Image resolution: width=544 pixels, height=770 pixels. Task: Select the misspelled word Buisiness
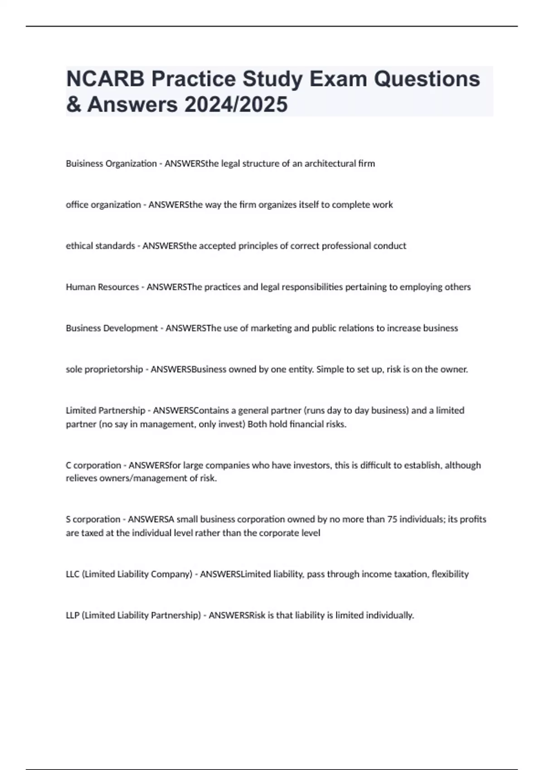[84, 164]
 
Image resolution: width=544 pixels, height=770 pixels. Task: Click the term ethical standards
[100, 246]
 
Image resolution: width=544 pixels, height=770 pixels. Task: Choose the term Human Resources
[102, 287]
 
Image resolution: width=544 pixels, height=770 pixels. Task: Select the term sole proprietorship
[104, 370]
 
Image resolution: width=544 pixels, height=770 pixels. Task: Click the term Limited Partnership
[105, 410]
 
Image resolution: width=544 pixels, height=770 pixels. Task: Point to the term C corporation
[93, 465]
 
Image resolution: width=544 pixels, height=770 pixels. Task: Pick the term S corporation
[93, 520]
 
